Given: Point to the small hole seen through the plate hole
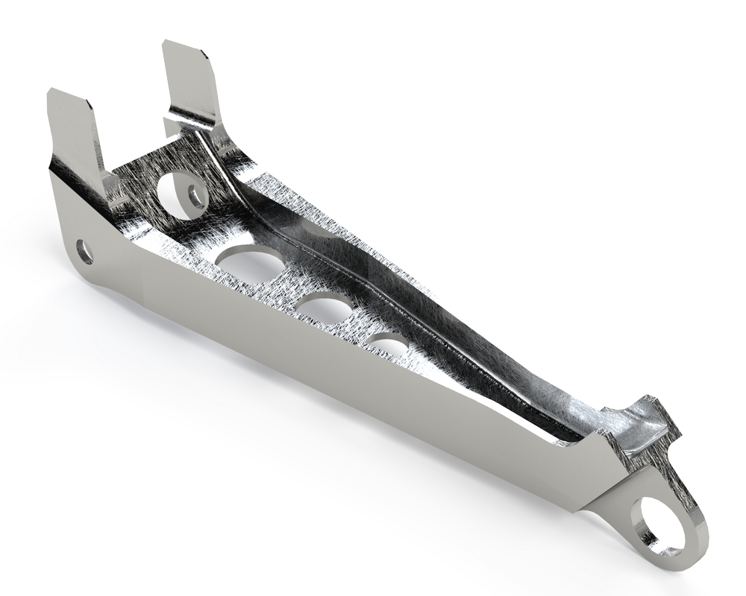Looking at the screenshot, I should pyautogui.click(x=195, y=195).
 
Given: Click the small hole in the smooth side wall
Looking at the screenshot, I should pyautogui.click(x=85, y=251).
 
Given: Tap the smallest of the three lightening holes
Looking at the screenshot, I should pyautogui.click(x=388, y=346).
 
